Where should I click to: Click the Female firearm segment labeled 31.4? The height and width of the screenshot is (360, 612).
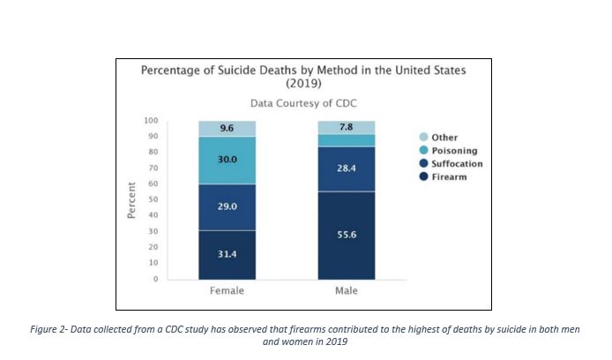point(227,254)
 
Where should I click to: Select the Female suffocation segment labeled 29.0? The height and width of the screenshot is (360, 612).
point(227,206)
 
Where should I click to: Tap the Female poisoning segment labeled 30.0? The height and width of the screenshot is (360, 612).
point(227,160)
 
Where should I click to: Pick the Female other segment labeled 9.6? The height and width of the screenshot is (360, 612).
point(227,128)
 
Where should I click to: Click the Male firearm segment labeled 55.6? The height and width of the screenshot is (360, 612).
point(346,236)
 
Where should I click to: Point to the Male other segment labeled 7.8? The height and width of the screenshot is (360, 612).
point(346,127)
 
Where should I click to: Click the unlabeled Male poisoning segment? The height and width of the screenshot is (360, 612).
point(346,140)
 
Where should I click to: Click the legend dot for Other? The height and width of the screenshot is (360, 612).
point(423,138)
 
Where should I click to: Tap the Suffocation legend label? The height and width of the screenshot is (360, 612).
point(457,164)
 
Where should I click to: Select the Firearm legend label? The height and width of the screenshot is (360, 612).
point(449,177)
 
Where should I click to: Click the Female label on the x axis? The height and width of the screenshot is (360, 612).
point(227,290)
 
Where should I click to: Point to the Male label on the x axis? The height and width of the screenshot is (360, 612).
point(346,290)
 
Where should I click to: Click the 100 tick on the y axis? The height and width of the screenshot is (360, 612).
point(151,120)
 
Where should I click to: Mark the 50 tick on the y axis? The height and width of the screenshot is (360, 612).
point(153,199)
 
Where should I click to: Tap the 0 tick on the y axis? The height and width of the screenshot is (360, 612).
point(155,279)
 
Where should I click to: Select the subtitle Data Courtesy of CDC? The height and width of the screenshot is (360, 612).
point(303,102)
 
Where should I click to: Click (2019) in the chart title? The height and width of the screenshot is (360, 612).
point(303,83)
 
